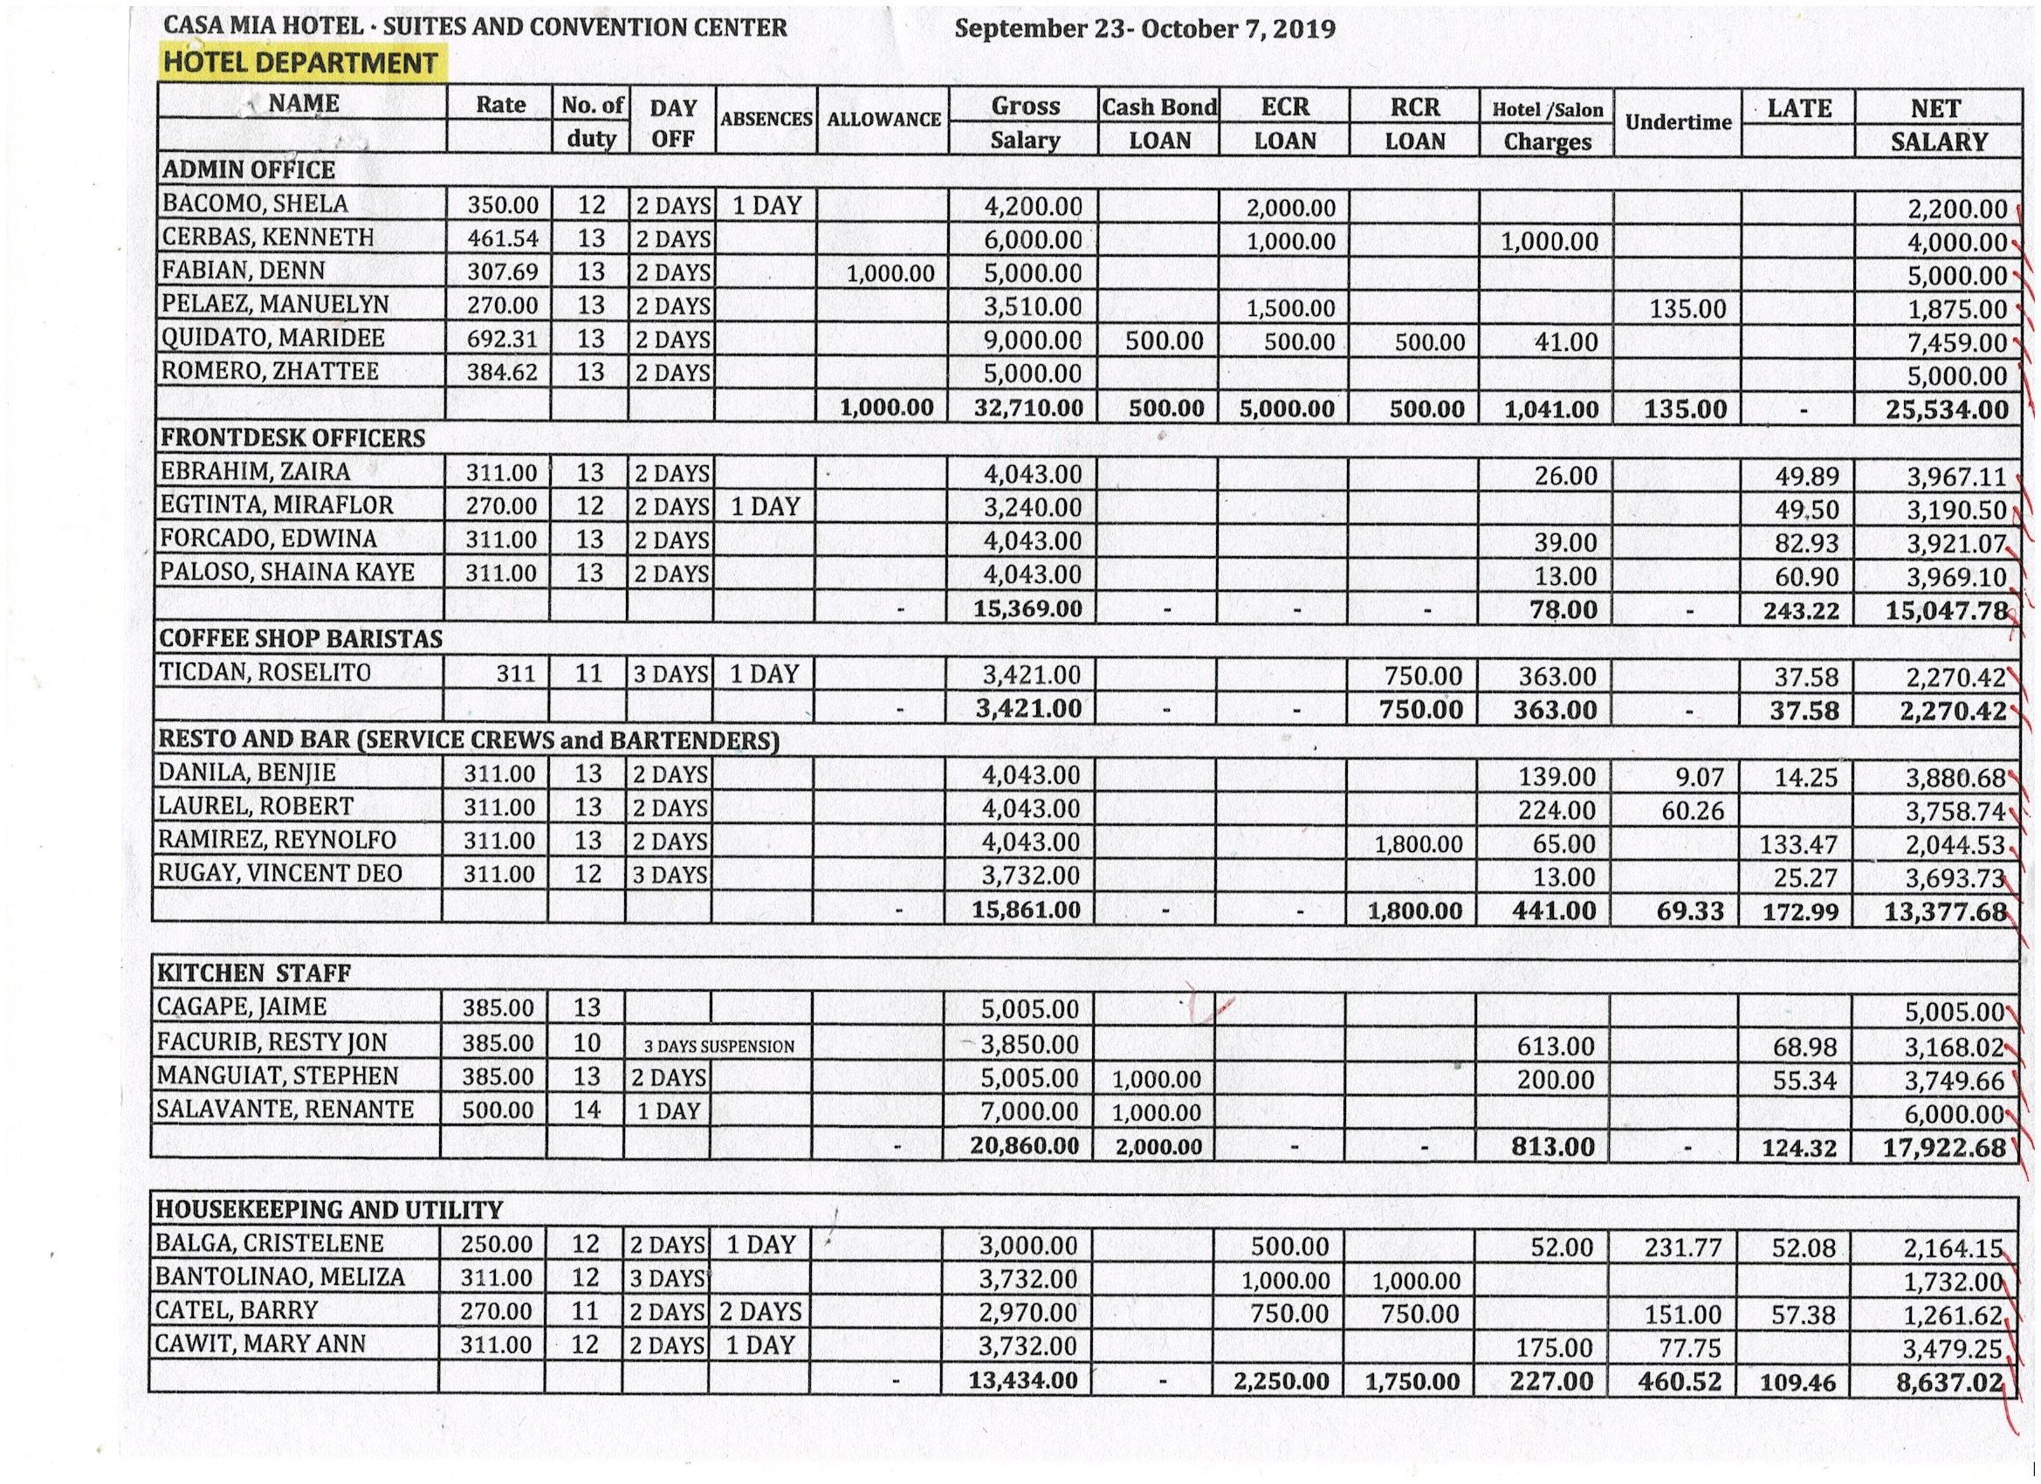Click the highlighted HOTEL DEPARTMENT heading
tap(300, 63)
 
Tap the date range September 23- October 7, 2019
tap(1144, 28)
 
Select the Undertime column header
tap(1678, 122)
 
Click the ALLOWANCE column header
tap(883, 120)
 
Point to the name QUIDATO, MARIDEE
tap(272, 339)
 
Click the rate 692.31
tap(501, 340)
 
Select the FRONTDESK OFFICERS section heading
tap(292, 438)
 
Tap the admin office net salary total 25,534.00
tap(1947, 409)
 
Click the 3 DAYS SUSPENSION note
tap(719, 1046)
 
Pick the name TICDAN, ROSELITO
tap(265, 673)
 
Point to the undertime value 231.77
tap(1680, 1247)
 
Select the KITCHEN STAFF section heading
tap(254, 972)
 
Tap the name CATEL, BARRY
tap(237, 1310)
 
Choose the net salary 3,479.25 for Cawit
tap(1952, 1349)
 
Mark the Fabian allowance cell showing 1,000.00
tap(890, 273)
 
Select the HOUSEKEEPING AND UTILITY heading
tap(329, 1210)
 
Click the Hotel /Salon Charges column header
tap(1547, 125)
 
